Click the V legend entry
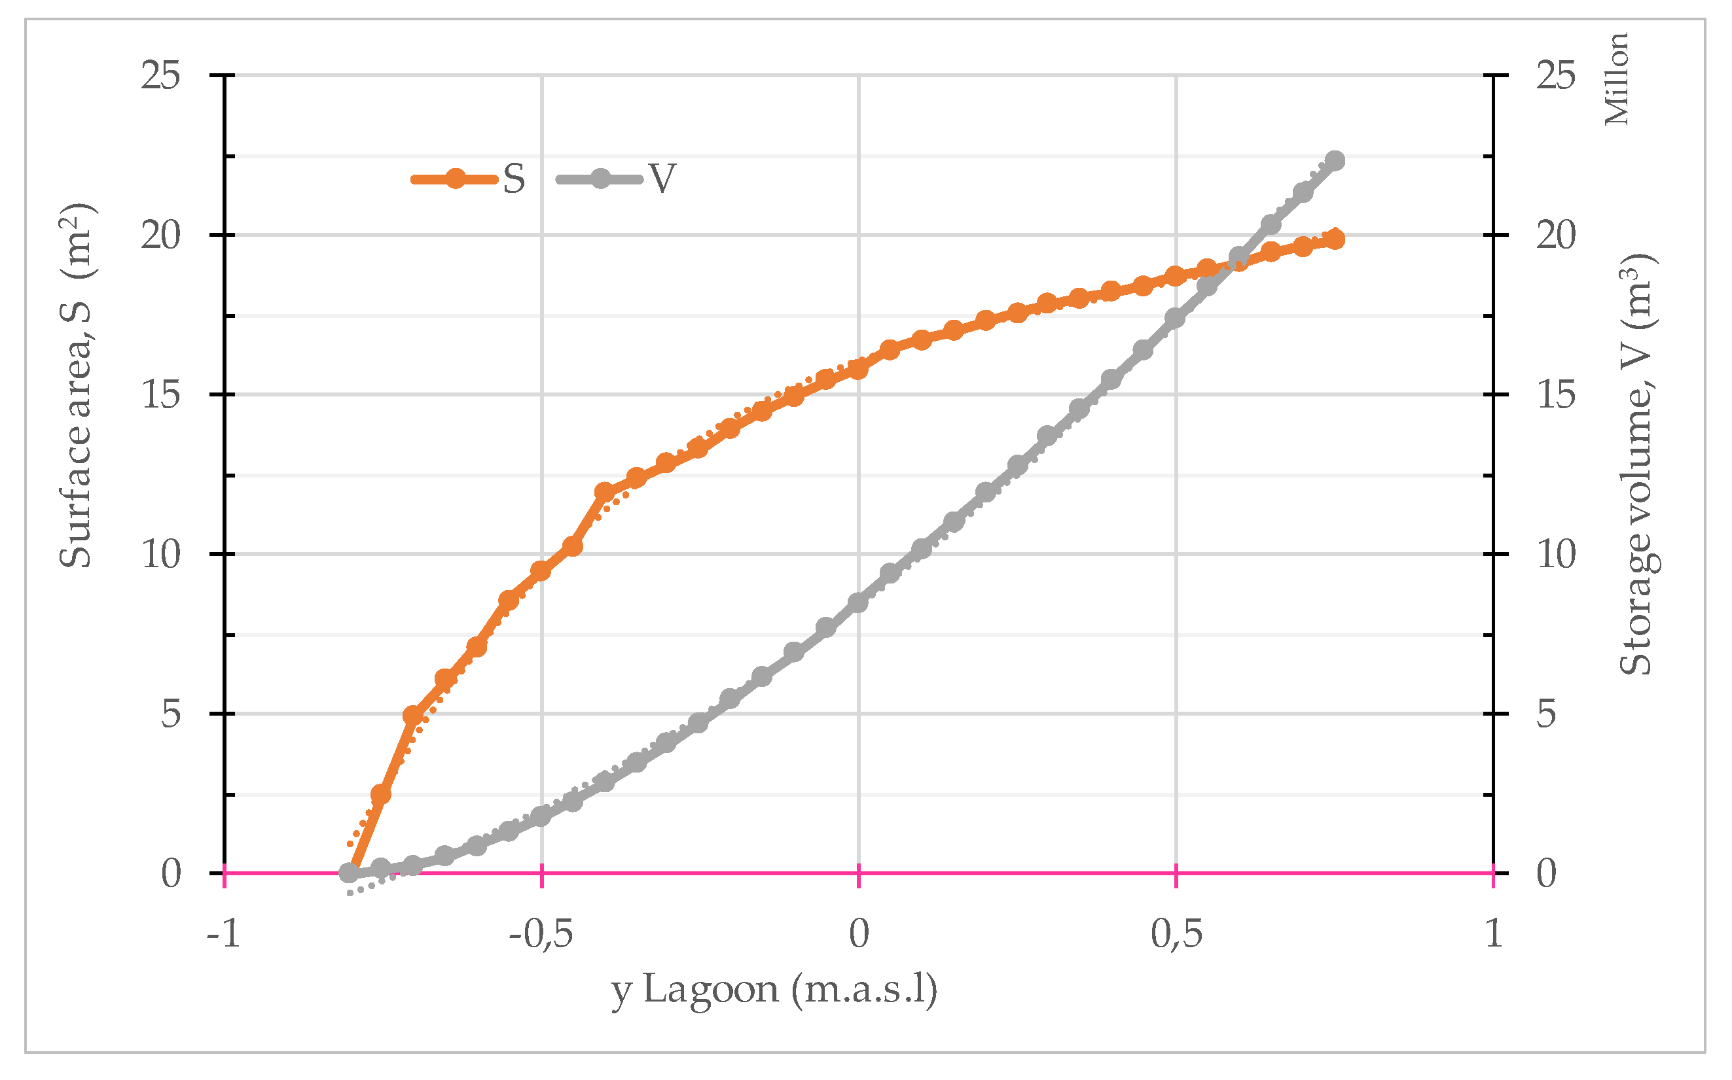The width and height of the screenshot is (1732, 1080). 617,179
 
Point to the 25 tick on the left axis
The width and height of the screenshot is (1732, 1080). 160,75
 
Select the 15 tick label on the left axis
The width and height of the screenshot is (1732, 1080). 160,394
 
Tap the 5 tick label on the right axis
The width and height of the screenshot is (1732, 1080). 1545,714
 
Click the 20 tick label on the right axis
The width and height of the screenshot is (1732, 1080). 1555,235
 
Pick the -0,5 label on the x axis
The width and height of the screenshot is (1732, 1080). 541,933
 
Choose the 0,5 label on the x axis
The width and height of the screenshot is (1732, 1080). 1176,933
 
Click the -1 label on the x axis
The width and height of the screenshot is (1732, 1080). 224,933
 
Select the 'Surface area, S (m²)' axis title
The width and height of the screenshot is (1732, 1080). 77,386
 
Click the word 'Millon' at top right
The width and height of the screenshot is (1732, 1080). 1616,78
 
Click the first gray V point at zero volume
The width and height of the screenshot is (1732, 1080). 350,873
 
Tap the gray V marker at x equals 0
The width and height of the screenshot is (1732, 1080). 858,602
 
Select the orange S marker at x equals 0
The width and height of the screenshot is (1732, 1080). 858,368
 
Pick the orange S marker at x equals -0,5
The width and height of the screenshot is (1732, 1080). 541,570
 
